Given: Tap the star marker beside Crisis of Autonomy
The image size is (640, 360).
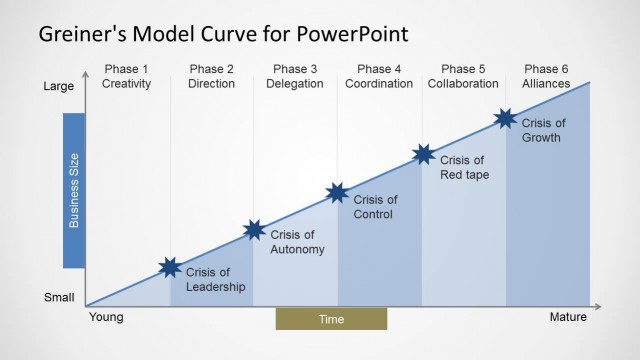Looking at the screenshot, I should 255,230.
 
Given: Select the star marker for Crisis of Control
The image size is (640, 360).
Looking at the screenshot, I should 338,193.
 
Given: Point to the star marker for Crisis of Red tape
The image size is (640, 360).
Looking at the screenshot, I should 424,154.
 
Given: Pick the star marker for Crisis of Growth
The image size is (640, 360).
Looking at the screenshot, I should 506,119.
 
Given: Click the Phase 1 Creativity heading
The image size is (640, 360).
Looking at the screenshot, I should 127,76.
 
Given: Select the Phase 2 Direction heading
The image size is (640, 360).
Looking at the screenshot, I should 211,76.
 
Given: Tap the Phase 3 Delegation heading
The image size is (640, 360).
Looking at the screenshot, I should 295,76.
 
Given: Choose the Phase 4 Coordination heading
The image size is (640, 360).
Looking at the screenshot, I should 379,76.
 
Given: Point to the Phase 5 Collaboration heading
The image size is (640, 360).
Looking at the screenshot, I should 463,76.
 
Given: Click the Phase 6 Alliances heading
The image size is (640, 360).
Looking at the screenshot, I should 546,76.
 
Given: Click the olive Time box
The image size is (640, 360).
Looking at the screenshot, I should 331,319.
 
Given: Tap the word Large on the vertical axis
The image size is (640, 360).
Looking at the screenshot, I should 58,87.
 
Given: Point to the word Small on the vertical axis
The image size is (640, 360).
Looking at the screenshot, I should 58,297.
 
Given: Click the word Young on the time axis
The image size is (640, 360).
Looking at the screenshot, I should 106,318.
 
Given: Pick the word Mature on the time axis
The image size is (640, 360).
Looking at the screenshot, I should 569,318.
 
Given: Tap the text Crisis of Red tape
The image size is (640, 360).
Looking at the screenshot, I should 462,168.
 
